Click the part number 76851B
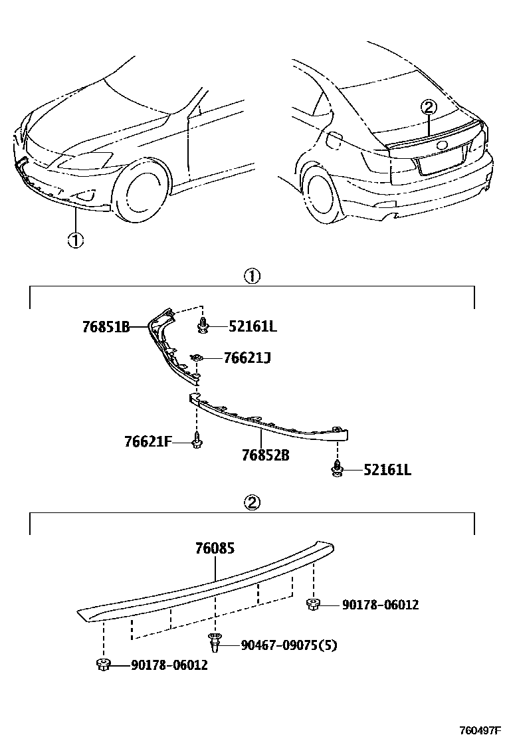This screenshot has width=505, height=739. tap(106, 327)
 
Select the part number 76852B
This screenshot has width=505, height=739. tap(265, 456)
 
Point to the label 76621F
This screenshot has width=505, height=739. tap(148, 441)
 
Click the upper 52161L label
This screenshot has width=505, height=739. tap(252, 326)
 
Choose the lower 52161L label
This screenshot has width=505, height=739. tap(387, 471)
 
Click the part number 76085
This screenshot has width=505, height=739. tap(215, 548)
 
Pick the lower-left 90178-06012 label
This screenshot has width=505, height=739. tap(169, 665)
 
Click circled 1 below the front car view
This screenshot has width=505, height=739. tap(75, 240)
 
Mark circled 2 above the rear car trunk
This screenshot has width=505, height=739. tap(429, 106)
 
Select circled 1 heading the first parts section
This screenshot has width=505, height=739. tap(252, 276)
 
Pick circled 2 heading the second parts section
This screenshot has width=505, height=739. tap(252, 502)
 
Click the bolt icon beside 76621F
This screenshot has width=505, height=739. tap(197, 441)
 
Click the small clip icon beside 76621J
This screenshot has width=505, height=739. tap(197, 358)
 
